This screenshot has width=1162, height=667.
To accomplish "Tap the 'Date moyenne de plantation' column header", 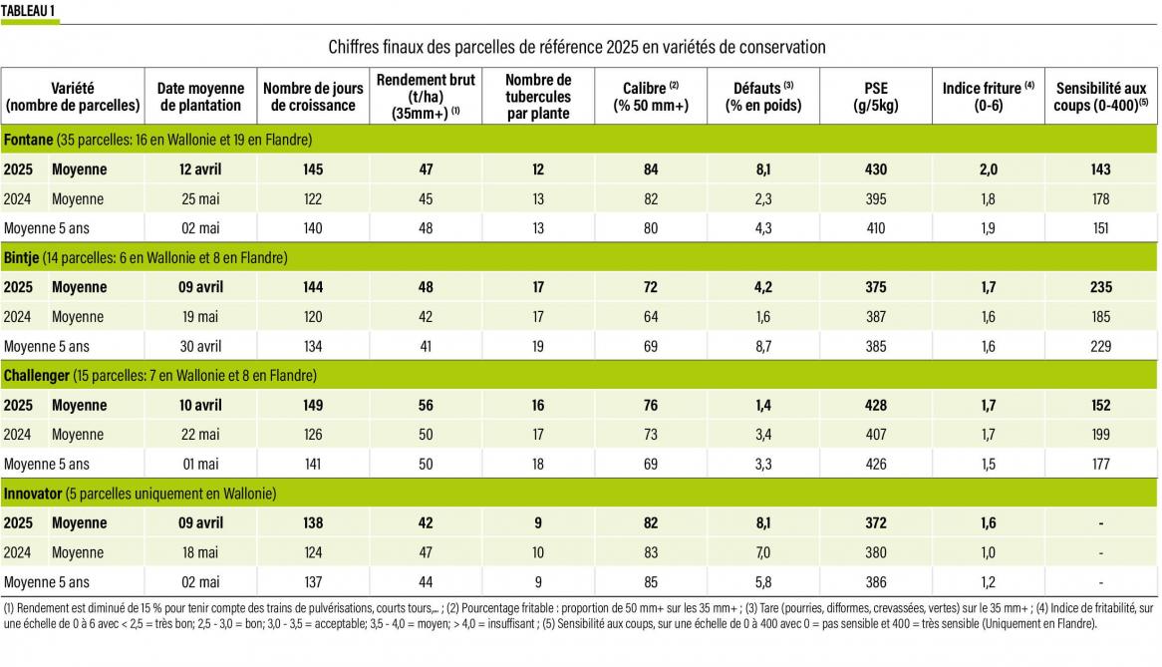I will tap(200, 97).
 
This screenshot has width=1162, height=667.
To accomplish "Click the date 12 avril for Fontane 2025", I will tap(200, 169).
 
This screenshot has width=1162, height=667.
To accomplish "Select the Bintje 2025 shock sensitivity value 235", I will tap(1100, 287).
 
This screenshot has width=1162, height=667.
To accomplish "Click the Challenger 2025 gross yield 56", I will tap(425, 406).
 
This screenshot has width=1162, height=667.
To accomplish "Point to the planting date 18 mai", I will tap(200, 552).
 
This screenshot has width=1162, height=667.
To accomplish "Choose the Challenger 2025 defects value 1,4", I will tap(762, 406).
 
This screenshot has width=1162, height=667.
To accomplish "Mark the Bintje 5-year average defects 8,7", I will tap(762, 346).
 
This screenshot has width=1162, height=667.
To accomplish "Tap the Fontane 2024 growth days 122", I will tap(313, 199).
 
